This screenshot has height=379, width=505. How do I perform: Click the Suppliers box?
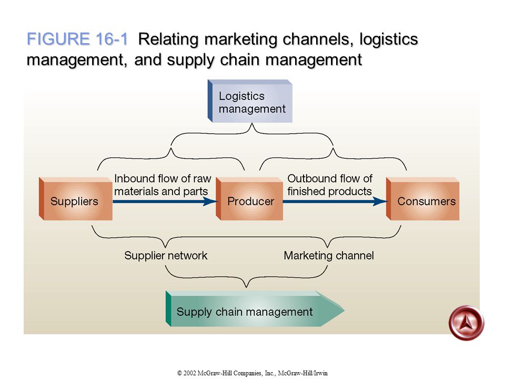76,199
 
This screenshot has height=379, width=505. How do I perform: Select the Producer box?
249,199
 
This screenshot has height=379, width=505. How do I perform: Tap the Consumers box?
422,199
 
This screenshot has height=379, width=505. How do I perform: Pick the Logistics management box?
250,101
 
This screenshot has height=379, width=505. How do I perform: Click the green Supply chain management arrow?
255,309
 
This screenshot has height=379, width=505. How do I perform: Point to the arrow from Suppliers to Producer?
165,202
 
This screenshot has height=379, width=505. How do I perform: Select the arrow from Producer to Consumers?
335,202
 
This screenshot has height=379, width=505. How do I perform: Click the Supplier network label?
166,256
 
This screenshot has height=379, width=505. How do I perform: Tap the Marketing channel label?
329,256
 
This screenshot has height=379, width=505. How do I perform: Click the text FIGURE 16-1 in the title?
77,39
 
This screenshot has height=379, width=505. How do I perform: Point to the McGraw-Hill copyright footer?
252,373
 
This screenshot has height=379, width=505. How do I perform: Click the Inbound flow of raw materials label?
163,185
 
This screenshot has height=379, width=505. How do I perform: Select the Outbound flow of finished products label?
330,185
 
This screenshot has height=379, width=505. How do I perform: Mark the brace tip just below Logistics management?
252,124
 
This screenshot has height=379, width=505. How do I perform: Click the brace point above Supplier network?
166,247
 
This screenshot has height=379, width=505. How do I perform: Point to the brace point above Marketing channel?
327,247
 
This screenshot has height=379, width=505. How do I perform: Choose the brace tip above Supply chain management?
246,287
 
